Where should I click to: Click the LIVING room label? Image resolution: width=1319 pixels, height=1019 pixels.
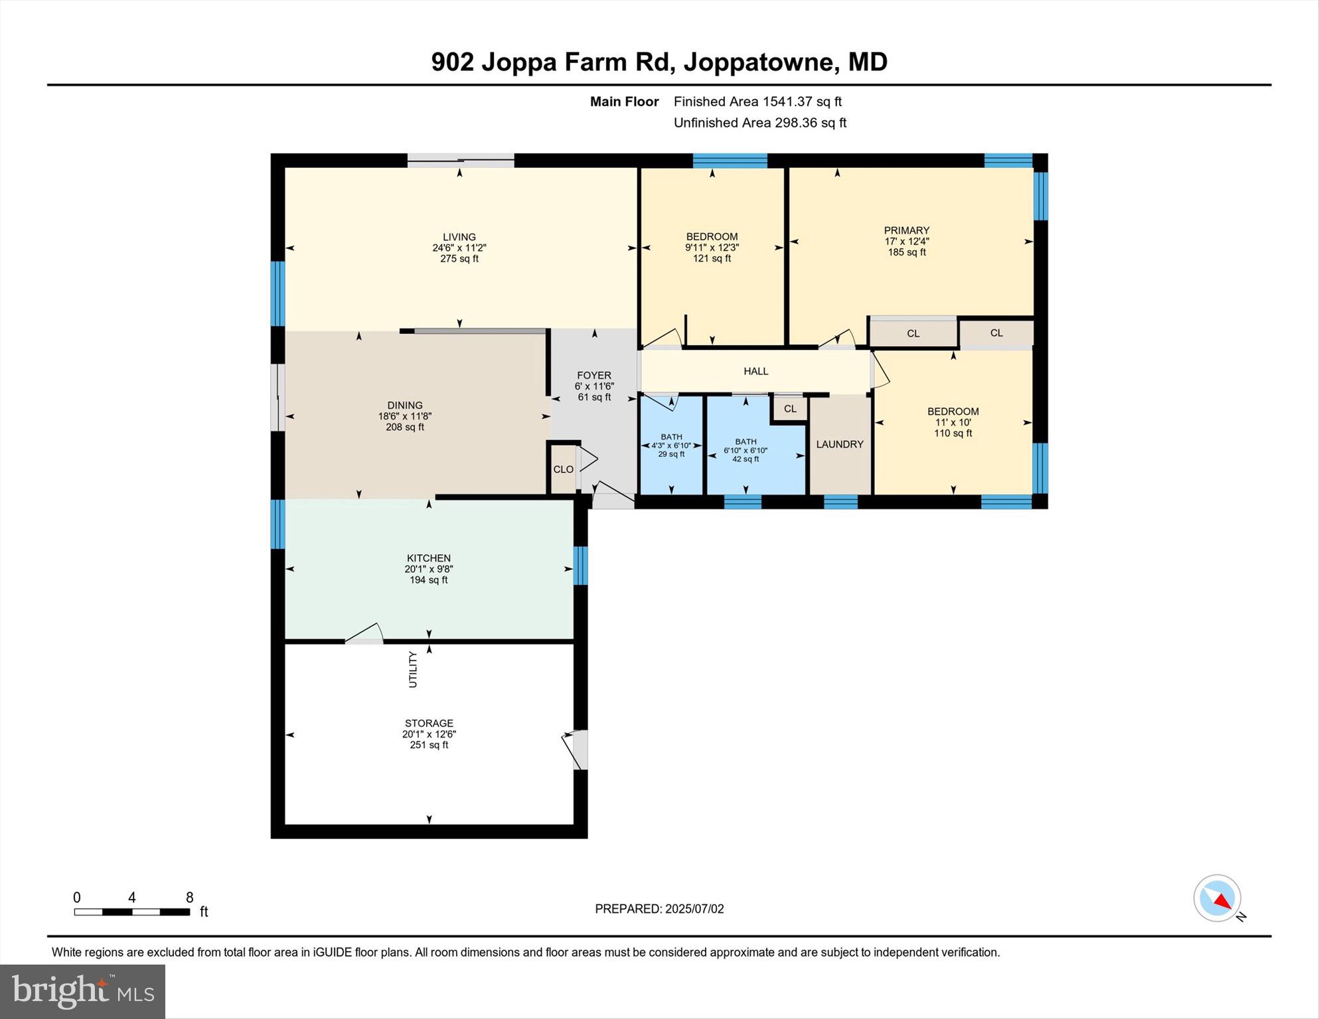(x=459, y=237)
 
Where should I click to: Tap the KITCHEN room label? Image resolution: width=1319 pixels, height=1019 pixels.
(x=429, y=558)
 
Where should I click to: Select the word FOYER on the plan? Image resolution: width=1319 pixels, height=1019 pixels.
(x=594, y=375)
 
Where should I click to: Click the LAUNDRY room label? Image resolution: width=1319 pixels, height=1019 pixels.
(x=840, y=444)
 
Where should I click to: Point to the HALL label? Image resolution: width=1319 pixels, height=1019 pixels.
(x=756, y=371)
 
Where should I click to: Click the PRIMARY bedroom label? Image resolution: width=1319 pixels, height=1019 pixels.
(x=907, y=231)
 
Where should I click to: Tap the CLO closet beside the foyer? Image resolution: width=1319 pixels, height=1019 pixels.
(x=564, y=469)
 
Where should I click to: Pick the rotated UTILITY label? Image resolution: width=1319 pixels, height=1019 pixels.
(x=413, y=669)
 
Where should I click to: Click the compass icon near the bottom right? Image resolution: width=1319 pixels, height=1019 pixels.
(x=1218, y=898)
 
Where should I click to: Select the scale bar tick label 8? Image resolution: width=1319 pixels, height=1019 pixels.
(x=190, y=898)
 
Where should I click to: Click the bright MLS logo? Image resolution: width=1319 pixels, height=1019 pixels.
(x=83, y=991)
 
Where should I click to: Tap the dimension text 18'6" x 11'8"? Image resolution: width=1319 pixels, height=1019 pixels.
(x=405, y=416)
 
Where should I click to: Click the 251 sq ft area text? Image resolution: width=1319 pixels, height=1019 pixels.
(x=429, y=745)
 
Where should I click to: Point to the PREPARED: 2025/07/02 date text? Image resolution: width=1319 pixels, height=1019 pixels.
(x=659, y=909)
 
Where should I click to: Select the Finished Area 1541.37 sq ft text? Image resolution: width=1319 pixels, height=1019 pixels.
(x=757, y=102)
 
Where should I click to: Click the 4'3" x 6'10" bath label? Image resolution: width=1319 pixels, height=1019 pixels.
(x=671, y=445)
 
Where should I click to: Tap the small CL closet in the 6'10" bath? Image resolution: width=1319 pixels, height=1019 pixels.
(x=790, y=409)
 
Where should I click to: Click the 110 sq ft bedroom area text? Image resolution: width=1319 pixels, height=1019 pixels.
(x=953, y=433)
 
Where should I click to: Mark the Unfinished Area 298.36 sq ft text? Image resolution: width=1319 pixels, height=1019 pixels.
(x=760, y=123)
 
